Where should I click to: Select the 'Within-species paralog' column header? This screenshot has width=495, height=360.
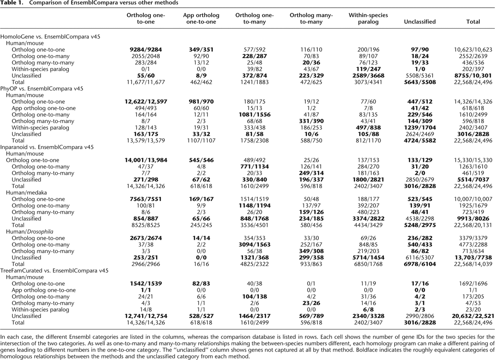click(x=368, y=18)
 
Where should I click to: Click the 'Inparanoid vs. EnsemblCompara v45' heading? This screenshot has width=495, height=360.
click(x=47, y=147)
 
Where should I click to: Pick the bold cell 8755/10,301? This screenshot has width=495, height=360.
click(x=473, y=76)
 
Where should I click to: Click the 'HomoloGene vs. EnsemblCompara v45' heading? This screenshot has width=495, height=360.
click(x=50, y=36)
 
